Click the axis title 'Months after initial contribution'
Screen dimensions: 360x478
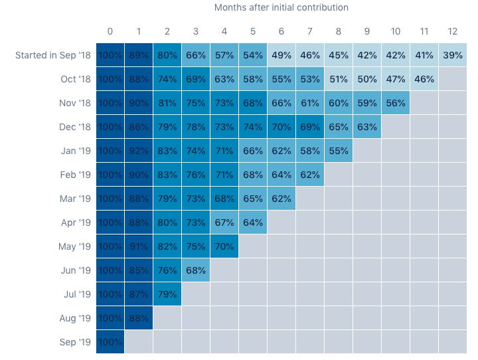281,7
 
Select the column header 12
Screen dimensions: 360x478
453,31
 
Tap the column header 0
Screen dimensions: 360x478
110,31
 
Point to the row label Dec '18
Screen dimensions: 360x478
75,127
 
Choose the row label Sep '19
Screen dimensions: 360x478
75,342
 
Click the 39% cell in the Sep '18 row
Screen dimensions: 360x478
453,55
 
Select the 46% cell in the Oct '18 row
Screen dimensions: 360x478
424,79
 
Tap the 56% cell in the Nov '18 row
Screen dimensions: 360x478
396,103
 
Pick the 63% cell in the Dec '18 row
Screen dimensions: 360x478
367,127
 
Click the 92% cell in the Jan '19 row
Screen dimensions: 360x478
139,151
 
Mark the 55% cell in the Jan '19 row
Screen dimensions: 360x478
339,151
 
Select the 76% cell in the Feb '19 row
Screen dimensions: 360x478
196,175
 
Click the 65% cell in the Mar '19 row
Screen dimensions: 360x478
253,199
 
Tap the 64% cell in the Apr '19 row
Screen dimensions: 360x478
253,223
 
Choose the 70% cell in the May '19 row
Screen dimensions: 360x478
224,246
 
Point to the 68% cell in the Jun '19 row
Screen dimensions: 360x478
196,270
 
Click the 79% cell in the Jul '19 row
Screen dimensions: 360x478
167,294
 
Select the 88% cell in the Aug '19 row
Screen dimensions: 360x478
139,318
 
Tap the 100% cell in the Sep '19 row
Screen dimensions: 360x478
110,342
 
